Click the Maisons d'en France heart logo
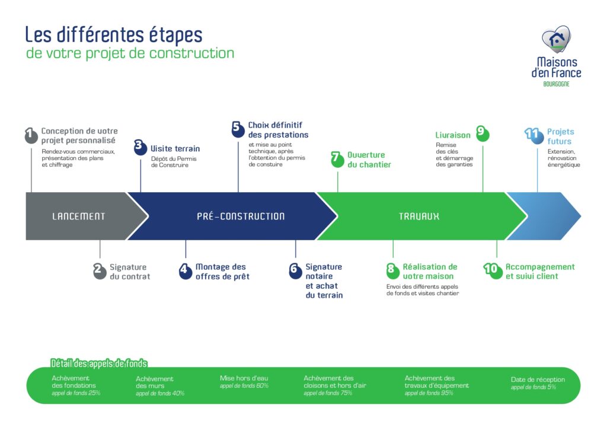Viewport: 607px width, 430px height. pos(556,39)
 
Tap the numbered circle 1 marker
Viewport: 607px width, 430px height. pos(31,136)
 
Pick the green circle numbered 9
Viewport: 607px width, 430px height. pos(482,134)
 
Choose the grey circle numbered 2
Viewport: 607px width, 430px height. pos(100,271)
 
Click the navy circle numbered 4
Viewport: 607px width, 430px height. pos(186,271)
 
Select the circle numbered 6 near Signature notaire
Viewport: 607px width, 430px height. pos(295,271)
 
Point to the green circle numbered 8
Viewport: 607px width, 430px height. pos(392,271)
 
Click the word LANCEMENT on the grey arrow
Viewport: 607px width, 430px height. pos(78,216)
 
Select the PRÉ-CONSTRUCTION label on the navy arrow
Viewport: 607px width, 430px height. pos(241,216)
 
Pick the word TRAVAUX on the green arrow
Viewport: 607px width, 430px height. pos(419,216)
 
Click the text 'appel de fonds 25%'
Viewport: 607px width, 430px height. pos(76,393)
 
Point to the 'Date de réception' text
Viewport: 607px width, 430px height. pos(538,380)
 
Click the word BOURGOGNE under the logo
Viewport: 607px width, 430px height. pos(556,84)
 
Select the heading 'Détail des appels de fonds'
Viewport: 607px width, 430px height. pos(99,363)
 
